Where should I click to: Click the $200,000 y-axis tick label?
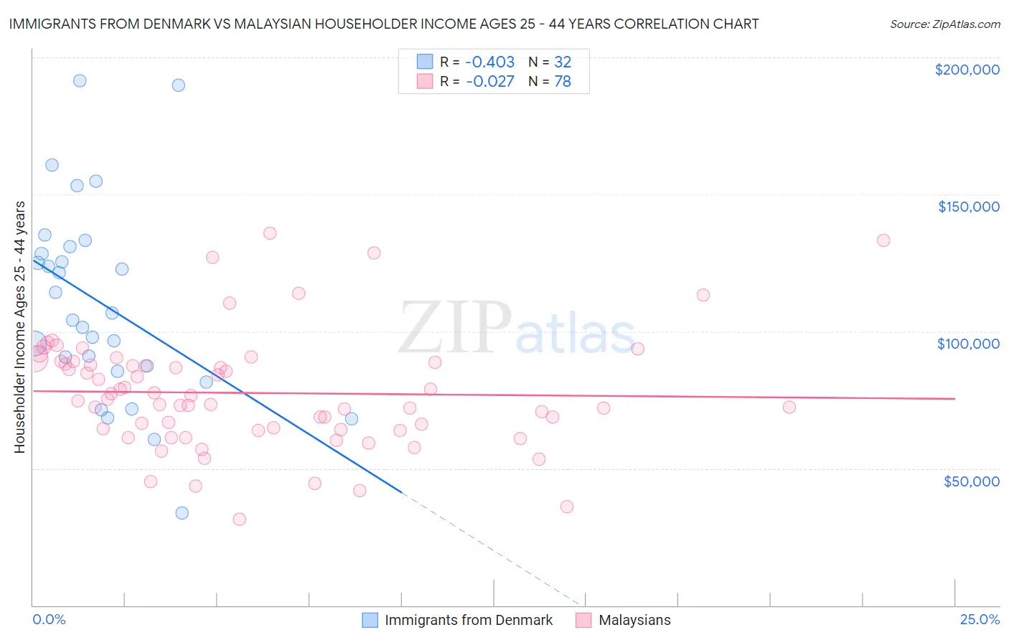coord(967,70)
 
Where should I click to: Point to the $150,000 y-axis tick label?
coord(968,207)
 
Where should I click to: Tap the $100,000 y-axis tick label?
coord(968,344)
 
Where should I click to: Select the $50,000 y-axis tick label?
coord(971,481)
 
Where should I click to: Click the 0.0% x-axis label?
coord(49,620)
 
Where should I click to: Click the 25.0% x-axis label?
coord(980,620)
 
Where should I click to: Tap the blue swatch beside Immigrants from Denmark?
coord(370,620)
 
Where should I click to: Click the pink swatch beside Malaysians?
coord(583,620)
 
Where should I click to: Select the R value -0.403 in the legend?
coord(489,62)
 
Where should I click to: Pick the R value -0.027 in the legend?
coord(489,82)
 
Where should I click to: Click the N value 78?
coord(563,82)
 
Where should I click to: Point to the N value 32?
coord(563,62)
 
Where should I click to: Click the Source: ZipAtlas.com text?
coord(944,24)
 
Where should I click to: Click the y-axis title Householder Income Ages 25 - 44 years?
coord(19,326)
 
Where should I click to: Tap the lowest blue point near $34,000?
coord(182,513)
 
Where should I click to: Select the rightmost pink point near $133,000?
coord(883,240)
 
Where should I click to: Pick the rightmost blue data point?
coord(352,419)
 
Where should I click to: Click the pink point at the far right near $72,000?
coord(789,408)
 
